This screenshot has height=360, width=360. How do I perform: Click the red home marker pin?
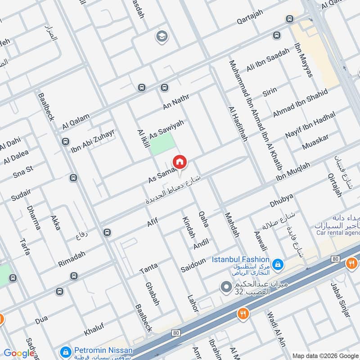180,162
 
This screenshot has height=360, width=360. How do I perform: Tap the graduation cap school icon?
161,36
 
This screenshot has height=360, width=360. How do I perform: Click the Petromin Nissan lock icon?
66,351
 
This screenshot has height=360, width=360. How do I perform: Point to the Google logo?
18,353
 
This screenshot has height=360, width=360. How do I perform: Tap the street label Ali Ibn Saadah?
268,60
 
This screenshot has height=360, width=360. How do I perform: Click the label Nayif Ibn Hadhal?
310,126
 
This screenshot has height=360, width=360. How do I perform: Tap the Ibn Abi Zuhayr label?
93,140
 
